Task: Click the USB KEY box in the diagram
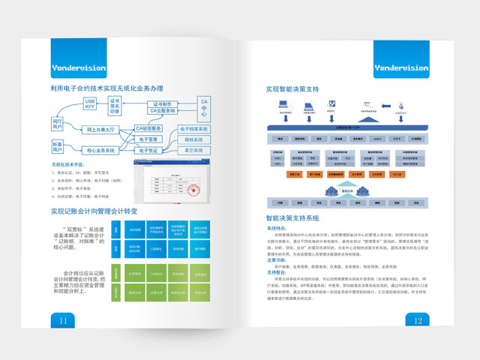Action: [x=89, y=104]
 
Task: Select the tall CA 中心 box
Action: [x=205, y=109]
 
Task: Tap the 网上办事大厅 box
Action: [x=100, y=130]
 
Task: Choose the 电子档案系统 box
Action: [x=193, y=129]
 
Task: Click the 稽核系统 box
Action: [x=193, y=139]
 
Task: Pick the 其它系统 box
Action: [x=193, y=150]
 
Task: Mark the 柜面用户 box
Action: [x=58, y=145]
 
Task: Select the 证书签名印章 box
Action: [x=115, y=106]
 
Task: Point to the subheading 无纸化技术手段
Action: [x=68, y=164]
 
